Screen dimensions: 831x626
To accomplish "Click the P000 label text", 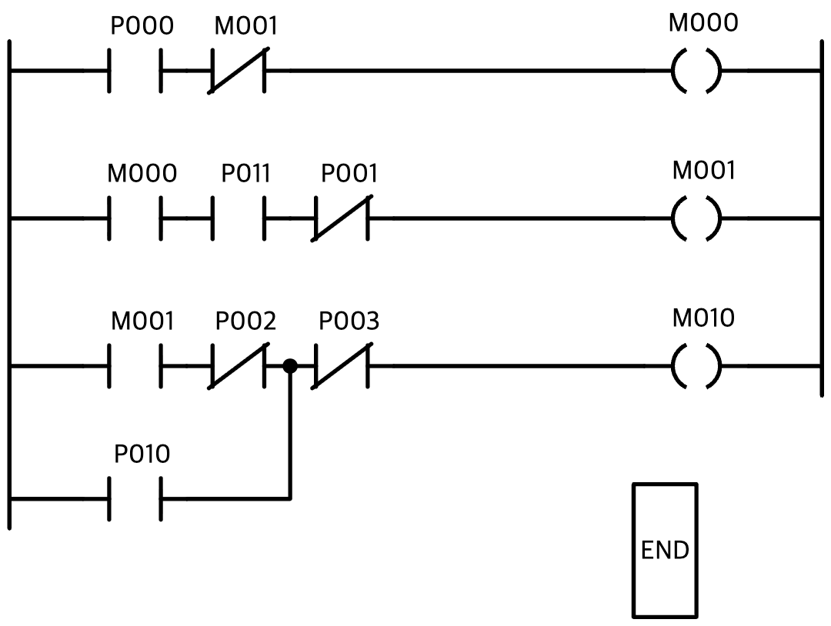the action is [142, 26].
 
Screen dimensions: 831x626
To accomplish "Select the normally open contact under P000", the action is [135, 71].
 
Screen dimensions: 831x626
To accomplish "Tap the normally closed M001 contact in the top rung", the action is [239, 71].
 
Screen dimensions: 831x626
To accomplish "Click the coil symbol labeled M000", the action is [696, 71].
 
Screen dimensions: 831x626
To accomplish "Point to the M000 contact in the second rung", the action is [135, 218].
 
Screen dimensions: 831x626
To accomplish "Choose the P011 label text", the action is [245, 173].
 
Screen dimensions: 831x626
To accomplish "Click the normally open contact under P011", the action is [239, 218].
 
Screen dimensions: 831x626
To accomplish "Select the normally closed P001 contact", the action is [342, 218].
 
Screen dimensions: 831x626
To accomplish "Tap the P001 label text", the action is [349, 173].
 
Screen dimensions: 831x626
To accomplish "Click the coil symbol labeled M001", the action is [696, 218].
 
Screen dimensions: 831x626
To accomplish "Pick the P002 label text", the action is [245, 321].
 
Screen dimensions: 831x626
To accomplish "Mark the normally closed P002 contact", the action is [239, 366].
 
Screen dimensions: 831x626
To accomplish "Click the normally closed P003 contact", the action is [342, 366].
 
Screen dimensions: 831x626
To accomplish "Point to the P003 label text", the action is [349, 321].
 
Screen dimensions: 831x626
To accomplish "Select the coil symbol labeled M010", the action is [696, 366].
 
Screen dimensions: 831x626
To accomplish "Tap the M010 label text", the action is [703, 318].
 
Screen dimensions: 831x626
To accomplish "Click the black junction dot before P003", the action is [290, 366].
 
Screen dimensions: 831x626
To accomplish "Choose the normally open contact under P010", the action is [135, 498].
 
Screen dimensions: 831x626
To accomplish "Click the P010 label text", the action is [142, 454].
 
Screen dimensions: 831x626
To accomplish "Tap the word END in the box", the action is [665, 551].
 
